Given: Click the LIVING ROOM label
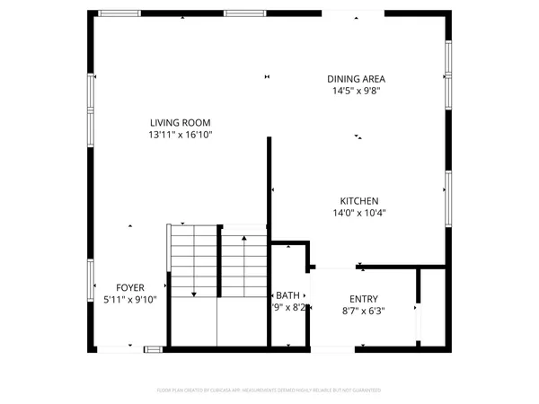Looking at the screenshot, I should coord(181,122).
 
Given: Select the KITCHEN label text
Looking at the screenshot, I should coord(358,201).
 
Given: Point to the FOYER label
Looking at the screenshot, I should coord(130,288).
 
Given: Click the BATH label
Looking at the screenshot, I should coord(288,295).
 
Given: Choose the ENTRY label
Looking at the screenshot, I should coord(364,299).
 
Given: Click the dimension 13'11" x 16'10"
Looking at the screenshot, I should coord(181,135).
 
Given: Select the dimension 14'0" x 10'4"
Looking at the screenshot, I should coord(358,213).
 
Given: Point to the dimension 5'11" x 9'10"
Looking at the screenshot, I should coord(130,300).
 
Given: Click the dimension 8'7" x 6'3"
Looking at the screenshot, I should coord(364,311).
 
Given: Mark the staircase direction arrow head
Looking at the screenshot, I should coord(193,294).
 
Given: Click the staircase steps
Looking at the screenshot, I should coord(217,260).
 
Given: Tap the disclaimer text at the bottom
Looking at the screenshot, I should coord(269,391).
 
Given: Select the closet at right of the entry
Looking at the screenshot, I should coord(432,305).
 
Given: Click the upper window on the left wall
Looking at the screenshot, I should coord(90,92).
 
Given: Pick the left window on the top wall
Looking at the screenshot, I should coord(119,13).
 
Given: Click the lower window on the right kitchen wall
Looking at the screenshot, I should coord(446,192).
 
